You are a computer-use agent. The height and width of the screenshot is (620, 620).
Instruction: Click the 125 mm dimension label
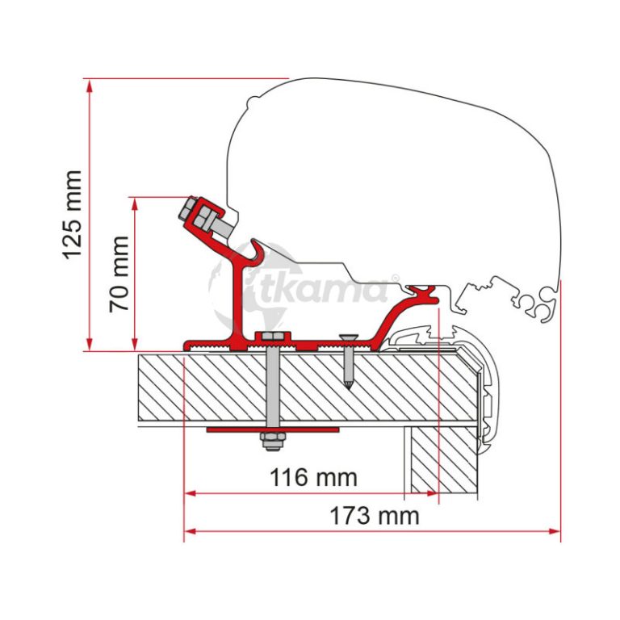click(x=73, y=215)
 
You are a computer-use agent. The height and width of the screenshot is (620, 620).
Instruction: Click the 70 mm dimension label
click(x=119, y=274)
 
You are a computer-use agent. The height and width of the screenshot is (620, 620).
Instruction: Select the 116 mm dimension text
click(x=313, y=477)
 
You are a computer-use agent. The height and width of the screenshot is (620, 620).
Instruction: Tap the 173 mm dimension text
click(x=375, y=516)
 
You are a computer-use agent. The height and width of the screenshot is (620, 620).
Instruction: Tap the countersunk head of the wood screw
click(x=349, y=338)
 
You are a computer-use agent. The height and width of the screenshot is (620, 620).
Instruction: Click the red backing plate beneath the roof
click(x=273, y=429)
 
